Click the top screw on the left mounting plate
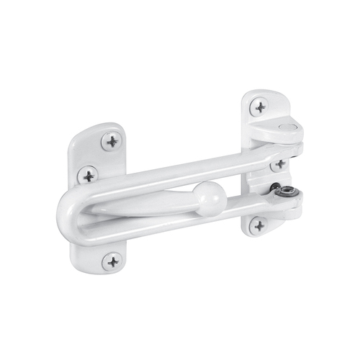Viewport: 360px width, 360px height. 111,141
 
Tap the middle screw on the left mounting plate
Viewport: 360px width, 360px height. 88,175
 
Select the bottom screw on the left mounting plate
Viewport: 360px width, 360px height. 112,261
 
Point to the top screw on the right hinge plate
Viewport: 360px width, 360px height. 259,107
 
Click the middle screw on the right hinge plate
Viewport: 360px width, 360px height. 279,164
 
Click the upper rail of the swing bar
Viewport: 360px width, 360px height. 180,170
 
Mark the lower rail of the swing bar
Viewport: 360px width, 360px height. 180,225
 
